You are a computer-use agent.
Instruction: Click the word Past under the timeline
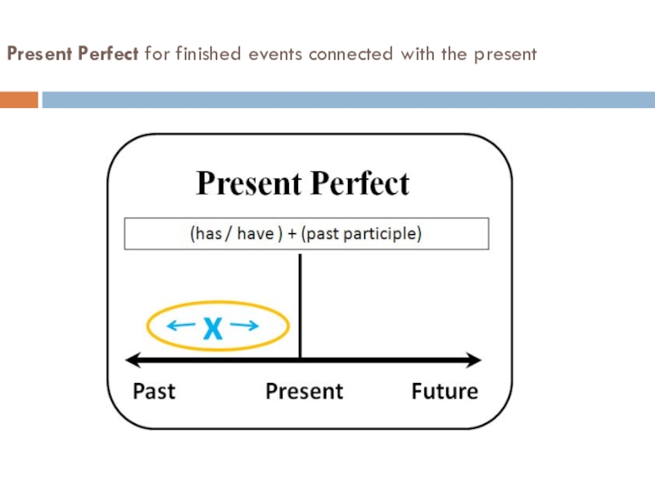[154, 391]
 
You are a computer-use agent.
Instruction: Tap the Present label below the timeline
[305, 391]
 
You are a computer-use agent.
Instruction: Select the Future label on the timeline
[445, 391]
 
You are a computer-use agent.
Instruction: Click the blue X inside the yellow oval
[213, 329]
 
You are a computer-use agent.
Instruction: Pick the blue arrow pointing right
[245, 327]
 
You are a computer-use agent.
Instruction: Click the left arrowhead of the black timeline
[131, 359]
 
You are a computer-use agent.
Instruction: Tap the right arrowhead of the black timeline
[475, 359]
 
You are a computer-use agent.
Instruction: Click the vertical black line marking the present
[300, 303]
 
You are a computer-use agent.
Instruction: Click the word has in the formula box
[207, 233]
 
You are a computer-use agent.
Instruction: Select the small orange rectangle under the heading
[19, 100]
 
